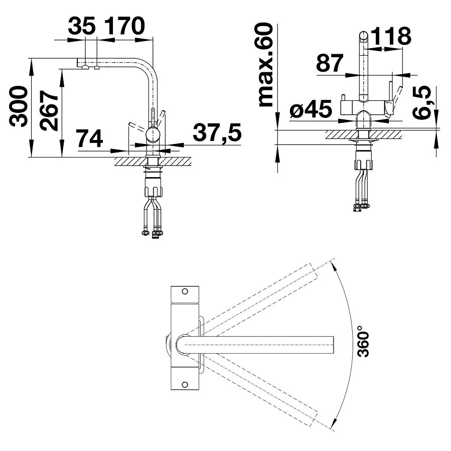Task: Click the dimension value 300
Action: (x=18, y=106)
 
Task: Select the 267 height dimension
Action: (x=49, y=111)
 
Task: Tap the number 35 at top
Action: (x=82, y=27)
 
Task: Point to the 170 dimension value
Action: (x=124, y=26)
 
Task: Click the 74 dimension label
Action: (x=89, y=138)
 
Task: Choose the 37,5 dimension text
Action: (x=217, y=133)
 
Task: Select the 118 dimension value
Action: (x=391, y=36)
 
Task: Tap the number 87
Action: (x=330, y=63)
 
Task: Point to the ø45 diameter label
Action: (x=311, y=109)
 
